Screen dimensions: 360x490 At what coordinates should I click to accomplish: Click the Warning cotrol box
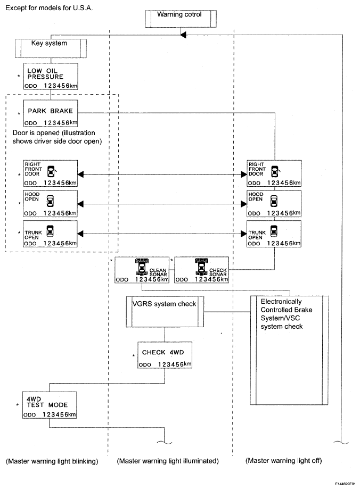pos(181,19)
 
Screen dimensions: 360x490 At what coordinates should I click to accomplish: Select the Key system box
pos(51,48)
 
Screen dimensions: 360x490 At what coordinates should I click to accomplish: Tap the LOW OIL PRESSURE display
pos(51,76)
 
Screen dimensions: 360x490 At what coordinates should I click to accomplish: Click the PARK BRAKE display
pos(51,113)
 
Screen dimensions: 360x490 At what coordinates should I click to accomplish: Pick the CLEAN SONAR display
pos(142,270)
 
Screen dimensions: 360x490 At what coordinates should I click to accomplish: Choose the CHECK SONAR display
pos(202,270)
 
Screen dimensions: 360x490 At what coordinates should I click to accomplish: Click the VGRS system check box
pos(165,312)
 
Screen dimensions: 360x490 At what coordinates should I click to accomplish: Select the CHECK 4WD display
pos(165,355)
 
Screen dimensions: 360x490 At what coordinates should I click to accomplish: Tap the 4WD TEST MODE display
pos(50,405)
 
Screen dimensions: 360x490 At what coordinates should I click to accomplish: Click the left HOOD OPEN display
pos(50,204)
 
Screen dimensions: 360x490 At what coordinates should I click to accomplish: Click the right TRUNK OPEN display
pos(274,234)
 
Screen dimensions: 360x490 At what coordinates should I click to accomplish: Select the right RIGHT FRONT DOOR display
pos(274,173)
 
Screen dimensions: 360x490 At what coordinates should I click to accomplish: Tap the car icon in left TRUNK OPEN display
pos(50,231)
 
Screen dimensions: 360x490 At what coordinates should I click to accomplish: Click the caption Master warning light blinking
pos(52,461)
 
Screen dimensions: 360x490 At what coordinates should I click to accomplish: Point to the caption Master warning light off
pos(284,461)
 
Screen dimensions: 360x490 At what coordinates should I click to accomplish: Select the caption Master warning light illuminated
pos(168,461)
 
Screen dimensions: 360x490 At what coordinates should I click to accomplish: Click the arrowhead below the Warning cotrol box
pos(183,35)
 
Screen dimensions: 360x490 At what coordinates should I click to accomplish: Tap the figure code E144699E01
pos(345,484)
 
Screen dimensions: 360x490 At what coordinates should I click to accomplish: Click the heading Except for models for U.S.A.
pos(49,8)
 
